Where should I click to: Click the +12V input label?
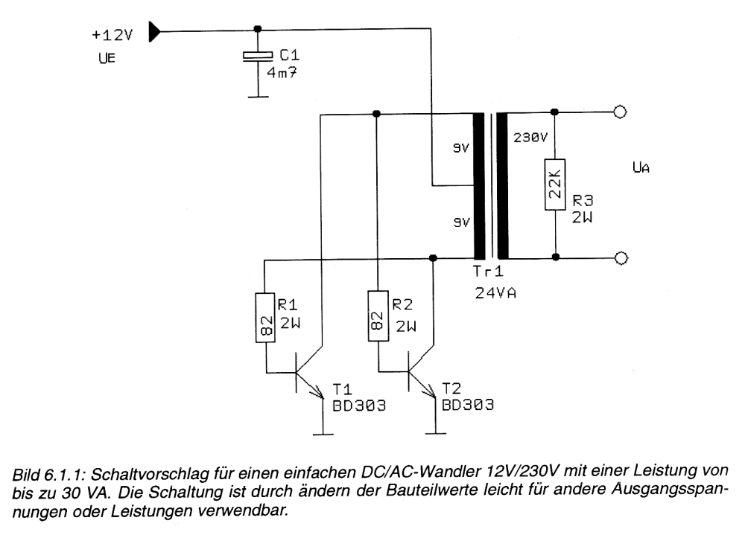(x=112, y=35)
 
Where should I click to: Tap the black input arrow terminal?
(x=154, y=32)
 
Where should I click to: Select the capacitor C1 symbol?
(x=258, y=56)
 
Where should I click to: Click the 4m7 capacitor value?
(x=282, y=73)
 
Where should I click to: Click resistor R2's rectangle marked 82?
(x=378, y=316)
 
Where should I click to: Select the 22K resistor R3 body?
(x=555, y=185)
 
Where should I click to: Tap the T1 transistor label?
(x=342, y=390)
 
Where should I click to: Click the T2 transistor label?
(x=451, y=389)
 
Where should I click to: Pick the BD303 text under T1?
(x=359, y=406)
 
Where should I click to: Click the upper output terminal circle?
(x=621, y=112)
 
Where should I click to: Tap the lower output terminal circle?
(x=621, y=258)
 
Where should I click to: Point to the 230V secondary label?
(x=530, y=138)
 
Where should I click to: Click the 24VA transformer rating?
(x=495, y=293)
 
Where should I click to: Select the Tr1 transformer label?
(x=488, y=272)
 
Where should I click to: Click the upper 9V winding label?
(x=461, y=149)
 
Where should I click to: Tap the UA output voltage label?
(x=641, y=167)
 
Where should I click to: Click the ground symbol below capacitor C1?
(x=258, y=97)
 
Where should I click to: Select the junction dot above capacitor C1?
(x=258, y=29)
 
